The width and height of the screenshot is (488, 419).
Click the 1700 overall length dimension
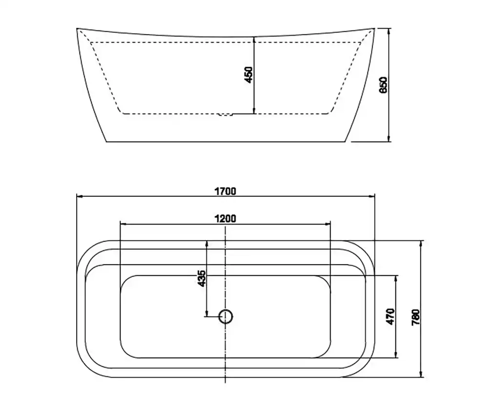pyautogui.click(x=225, y=191)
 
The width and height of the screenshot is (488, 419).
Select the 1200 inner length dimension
pyautogui.click(x=225, y=219)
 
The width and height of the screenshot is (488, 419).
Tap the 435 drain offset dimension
pyautogui.click(x=202, y=279)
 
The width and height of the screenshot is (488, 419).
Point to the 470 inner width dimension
pyautogui.click(x=390, y=317)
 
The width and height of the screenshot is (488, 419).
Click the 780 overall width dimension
pyautogui.click(x=416, y=317)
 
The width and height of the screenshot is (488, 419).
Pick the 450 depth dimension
pyautogui.click(x=249, y=75)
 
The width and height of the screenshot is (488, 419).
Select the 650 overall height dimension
pyautogui.click(x=384, y=85)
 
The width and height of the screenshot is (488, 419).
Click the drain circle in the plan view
pyautogui.click(x=225, y=316)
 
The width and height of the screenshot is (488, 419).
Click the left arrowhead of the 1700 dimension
pyautogui.click(x=80, y=196)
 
